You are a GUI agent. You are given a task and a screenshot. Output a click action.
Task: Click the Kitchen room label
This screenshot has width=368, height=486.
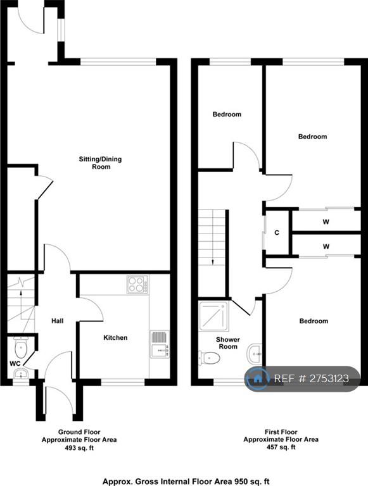pyautogui.click(x=115, y=337)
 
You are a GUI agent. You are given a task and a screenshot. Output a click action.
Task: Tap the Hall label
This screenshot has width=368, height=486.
pyautogui.click(x=58, y=321)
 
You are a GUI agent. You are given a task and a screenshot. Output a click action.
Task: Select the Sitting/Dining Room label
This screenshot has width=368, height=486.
pyautogui.click(x=100, y=163)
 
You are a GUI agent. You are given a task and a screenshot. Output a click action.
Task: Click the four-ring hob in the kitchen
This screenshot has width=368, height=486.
pyautogui.click(x=137, y=284)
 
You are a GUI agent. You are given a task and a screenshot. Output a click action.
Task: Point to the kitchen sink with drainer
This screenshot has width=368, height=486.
pyautogui.click(x=160, y=344)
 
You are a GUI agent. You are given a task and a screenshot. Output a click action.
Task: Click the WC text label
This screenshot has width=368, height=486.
pyautogui.click(x=14, y=363)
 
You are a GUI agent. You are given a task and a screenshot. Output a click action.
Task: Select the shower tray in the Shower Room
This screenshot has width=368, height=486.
pyautogui.click(x=213, y=316)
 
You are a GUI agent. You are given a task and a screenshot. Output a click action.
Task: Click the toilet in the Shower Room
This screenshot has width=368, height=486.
pyautogui.click(x=210, y=358)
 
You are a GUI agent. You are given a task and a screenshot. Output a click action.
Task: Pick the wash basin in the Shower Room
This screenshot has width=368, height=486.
pyautogui.click(x=255, y=353)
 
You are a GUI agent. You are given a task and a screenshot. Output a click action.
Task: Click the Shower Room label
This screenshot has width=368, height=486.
pyautogui.click(x=228, y=343)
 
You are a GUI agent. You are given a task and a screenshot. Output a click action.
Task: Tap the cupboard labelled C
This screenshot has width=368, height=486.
pyautogui.click(x=277, y=233)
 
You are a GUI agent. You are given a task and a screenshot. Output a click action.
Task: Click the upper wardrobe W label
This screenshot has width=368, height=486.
pyautogui.click(x=326, y=222)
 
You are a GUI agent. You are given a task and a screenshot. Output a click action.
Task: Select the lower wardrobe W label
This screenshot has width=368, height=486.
pyautogui.click(x=326, y=247)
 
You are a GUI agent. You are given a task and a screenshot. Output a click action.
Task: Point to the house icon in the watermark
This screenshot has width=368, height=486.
pyautogui.click(x=257, y=378)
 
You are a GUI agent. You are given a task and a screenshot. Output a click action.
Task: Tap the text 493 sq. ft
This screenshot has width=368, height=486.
pyautogui.click(x=79, y=447)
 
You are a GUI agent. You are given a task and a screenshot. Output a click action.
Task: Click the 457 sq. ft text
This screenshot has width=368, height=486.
pyautogui.click(x=281, y=447)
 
